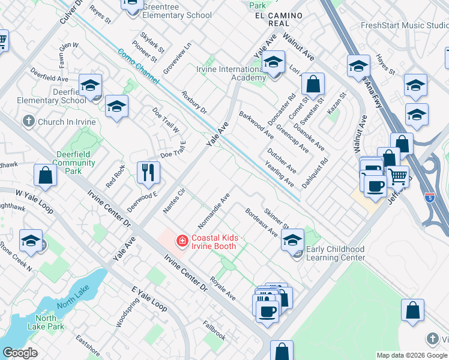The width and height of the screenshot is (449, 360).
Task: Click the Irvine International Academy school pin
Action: [x=274, y=63]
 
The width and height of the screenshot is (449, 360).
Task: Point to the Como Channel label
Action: [x=138, y=66]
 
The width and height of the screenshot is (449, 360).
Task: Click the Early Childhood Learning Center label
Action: [x=336, y=253]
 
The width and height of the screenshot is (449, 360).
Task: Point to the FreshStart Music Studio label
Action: [x=403, y=25]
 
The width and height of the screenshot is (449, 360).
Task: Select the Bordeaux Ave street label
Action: [x=261, y=222]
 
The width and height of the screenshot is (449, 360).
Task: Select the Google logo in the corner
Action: [x=20, y=353]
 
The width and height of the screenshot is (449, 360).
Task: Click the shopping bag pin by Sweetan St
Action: [x=313, y=84]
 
